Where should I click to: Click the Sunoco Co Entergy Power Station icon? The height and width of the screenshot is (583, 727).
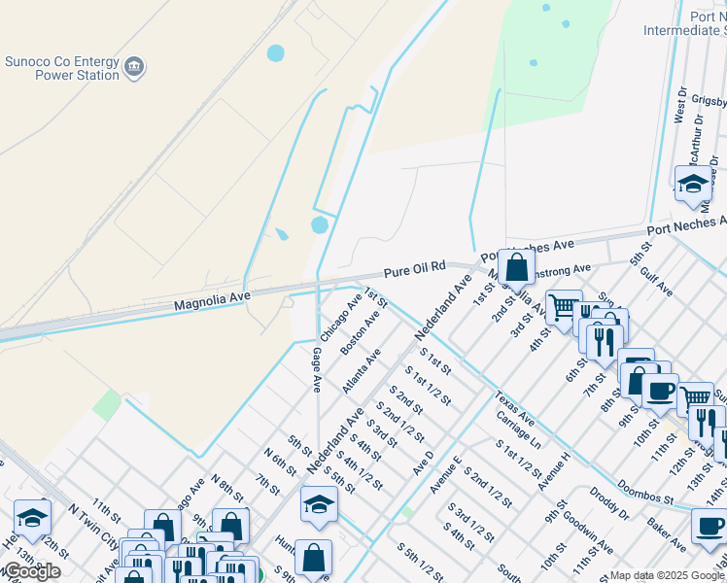pos(134,66)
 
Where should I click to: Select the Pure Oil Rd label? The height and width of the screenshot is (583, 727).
pos(413,266)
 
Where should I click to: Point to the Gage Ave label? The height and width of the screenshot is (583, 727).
pos(317,370)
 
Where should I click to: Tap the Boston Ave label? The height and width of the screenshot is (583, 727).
pos(360,333)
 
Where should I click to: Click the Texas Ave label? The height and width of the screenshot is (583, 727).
pos(514,408)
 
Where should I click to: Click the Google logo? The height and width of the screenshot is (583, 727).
pos(31,571)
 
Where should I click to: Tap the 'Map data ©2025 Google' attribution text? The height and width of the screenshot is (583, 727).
pos(668,576)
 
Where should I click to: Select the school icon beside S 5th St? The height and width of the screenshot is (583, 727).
pos(318,503)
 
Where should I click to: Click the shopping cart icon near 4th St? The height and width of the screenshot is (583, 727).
pos(563,308)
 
